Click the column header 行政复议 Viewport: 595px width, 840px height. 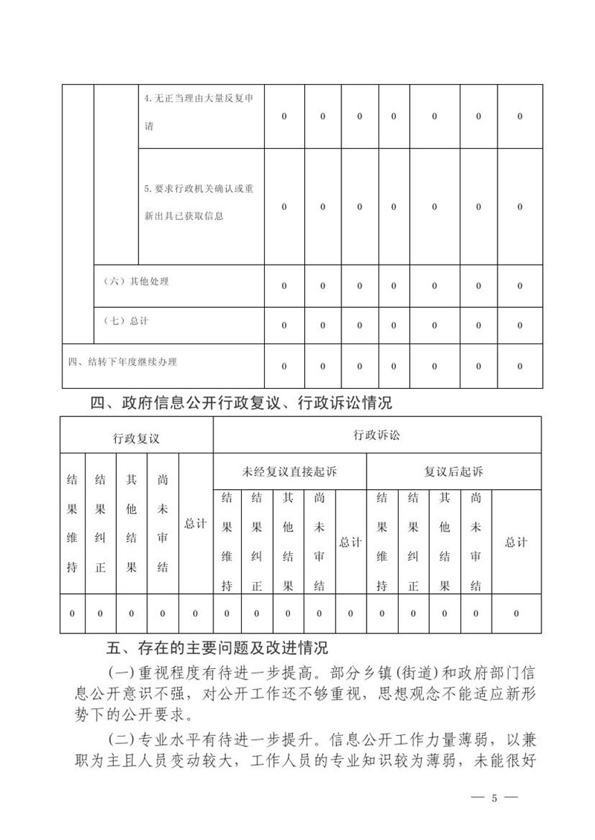pos(136,439)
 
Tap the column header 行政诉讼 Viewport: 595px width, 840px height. pos(376,436)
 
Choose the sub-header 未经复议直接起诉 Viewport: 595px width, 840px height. pos(289,472)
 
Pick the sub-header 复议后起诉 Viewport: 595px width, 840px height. pos(454,472)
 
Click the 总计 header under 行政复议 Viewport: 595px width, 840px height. pos(196,524)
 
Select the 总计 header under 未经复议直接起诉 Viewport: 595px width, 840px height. pos(350,542)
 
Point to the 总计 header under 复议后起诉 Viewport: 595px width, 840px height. pos(516,542)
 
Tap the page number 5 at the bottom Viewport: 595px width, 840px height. pos(494,798)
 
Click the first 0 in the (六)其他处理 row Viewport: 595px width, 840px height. pos(284,285)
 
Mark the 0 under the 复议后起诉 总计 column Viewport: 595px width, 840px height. pos(516,613)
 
